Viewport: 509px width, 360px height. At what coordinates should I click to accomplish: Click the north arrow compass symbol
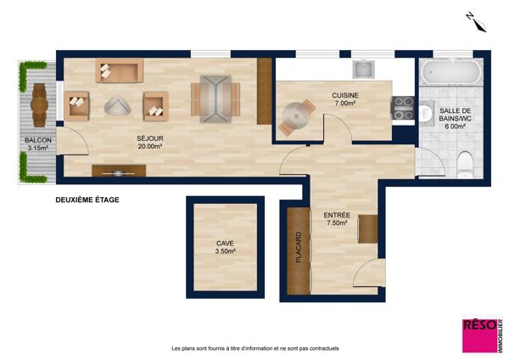476,22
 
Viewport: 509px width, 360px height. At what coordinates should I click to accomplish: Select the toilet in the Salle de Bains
465,165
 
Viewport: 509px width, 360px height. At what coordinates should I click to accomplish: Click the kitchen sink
364,70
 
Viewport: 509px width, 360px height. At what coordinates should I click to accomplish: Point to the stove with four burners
403,108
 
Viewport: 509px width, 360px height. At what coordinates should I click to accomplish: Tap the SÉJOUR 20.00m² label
150,143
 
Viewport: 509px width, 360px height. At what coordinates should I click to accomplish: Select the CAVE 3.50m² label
225,247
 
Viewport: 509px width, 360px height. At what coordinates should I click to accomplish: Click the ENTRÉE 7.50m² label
337,219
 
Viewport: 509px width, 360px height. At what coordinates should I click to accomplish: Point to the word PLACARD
299,247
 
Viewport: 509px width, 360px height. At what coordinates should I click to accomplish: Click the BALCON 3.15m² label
38,144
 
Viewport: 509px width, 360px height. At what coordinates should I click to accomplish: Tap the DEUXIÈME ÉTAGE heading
87,200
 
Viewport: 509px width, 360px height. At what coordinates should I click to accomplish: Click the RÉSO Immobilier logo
483,335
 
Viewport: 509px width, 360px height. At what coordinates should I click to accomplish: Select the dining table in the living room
215,99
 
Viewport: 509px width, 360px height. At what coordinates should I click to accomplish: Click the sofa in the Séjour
119,70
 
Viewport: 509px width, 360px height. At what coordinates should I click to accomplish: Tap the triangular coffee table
117,105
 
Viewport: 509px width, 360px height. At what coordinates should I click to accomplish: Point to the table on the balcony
40,105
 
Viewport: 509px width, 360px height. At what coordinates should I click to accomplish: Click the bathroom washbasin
426,113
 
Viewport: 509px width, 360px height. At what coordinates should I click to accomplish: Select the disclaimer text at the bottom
255,348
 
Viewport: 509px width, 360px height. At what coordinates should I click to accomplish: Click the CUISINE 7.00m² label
344,99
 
